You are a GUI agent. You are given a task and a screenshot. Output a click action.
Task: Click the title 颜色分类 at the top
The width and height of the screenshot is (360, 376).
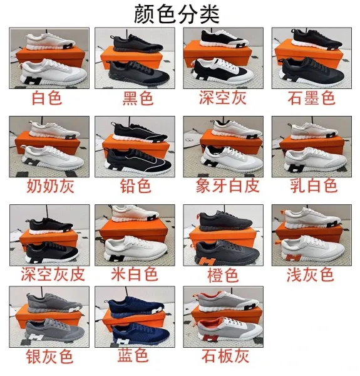point(177,14)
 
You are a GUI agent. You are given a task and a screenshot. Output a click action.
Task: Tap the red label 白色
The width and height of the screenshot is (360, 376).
point(47,98)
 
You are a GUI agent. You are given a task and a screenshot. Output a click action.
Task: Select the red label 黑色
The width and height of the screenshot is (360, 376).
point(138,98)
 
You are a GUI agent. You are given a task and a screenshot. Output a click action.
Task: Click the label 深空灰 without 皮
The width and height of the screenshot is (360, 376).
point(222,98)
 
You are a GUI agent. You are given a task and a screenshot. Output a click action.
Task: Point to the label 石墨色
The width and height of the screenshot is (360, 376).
point(311,98)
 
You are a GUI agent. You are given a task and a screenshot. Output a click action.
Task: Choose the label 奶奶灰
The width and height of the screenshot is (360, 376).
point(50,186)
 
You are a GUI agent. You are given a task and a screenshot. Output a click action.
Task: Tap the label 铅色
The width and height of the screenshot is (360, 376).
point(136,186)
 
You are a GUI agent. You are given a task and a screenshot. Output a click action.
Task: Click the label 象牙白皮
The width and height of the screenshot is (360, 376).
point(227,186)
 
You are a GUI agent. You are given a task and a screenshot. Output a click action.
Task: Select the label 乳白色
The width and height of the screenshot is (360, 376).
point(314,186)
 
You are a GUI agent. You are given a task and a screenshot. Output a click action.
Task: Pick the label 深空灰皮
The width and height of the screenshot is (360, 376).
point(53,274)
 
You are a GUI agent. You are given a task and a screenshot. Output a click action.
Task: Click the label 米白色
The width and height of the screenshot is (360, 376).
point(135,274)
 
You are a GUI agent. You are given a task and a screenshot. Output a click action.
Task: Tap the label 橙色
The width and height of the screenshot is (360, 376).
point(223,275)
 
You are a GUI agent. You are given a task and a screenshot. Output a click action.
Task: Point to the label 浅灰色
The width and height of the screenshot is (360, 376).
point(310,274)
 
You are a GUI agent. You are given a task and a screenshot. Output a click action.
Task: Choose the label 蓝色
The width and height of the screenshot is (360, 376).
point(133,355)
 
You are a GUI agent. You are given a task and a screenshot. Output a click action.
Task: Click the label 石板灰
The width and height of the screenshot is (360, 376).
point(225,356)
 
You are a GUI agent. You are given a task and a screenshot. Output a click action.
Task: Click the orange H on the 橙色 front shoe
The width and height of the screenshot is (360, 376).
point(207,261)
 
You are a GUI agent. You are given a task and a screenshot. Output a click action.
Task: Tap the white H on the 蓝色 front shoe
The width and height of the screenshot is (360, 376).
point(123,342)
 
